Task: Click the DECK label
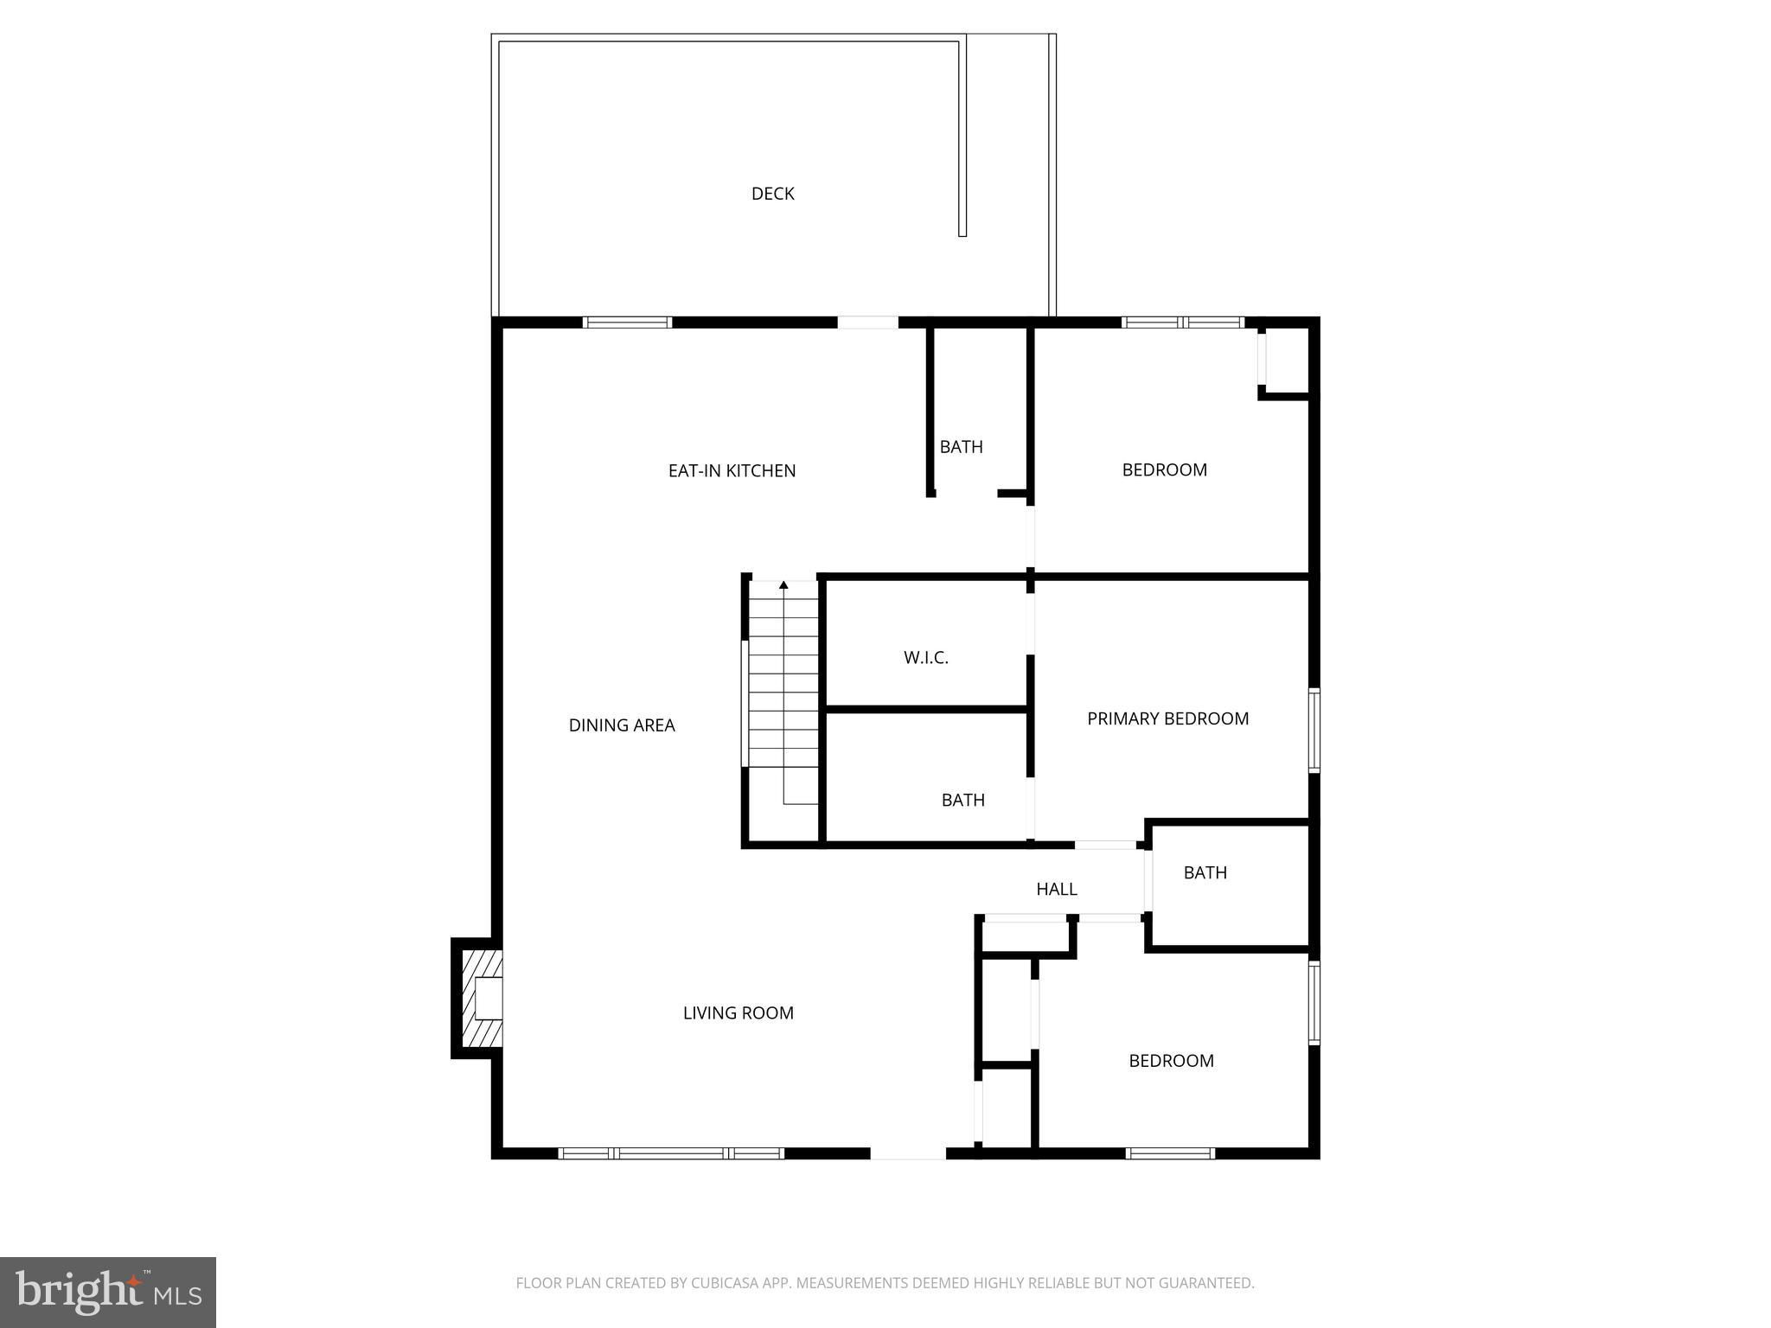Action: click(772, 194)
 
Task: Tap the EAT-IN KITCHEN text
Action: click(732, 471)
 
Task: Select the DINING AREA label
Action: click(622, 725)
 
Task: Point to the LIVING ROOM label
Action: click(738, 1012)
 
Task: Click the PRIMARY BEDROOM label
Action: click(1167, 718)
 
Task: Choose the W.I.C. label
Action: click(926, 658)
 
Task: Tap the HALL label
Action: click(1057, 889)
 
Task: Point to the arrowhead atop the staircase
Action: click(783, 585)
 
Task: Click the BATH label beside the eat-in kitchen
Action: click(962, 447)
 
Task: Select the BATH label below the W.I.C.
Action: click(963, 800)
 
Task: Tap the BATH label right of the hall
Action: click(1205, 872)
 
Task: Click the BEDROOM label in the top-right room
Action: click(1165, 469)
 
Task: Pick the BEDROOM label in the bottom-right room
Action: click(1172, 1061)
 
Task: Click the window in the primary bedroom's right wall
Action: click(1314, 729)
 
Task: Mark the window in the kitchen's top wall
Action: click(627, 322)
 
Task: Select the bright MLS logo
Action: click(108, 1293)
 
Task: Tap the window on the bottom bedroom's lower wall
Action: click(1170, 1152)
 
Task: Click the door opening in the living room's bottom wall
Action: click(908, 1152)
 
